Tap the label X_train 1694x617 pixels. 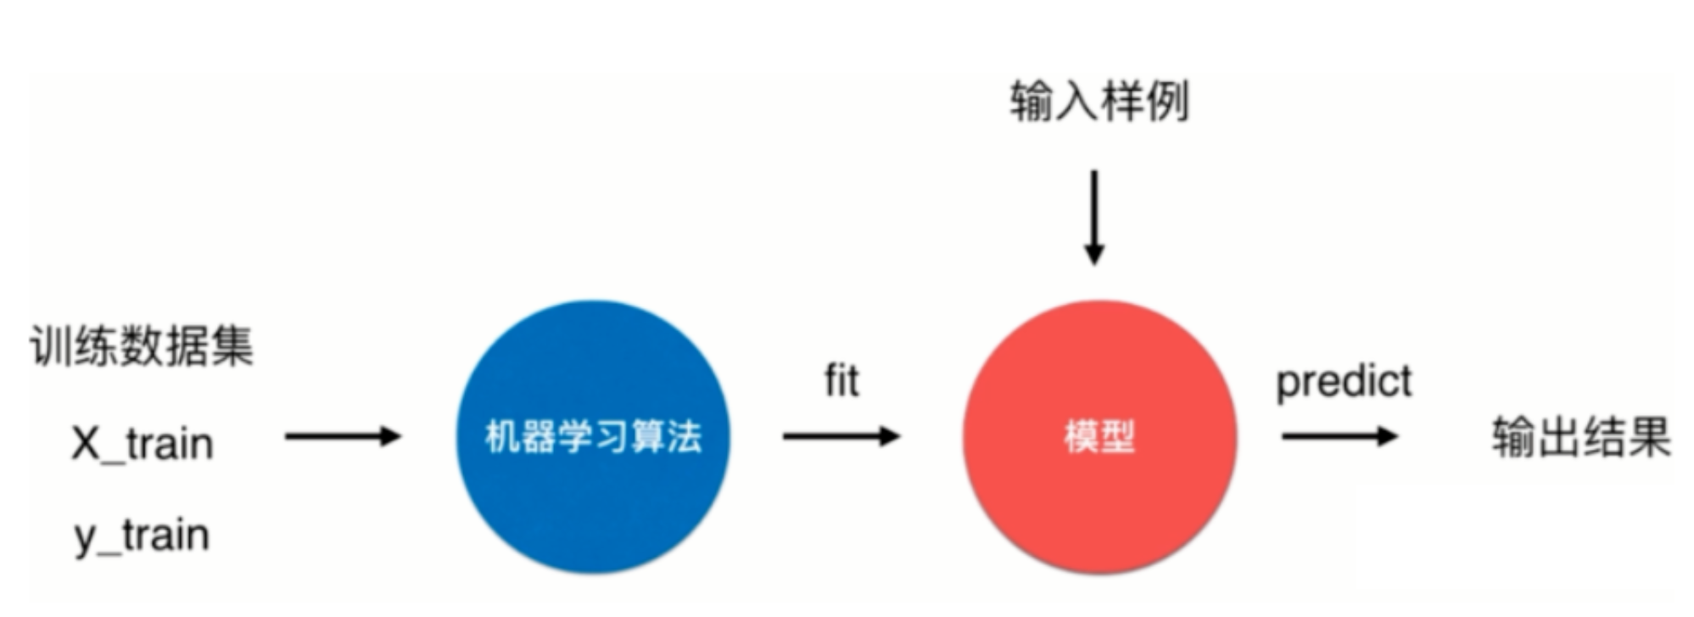143,444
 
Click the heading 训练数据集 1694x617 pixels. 142,345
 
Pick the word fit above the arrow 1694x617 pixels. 841,381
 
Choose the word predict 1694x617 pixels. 1344,382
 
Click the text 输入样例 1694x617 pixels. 1099,102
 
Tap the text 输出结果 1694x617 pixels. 1581,438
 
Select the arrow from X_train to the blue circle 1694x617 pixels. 342,436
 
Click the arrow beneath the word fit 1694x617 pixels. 841,436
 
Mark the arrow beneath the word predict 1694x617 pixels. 1339,436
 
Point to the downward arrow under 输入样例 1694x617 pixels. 1094,217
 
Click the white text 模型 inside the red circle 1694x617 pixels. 1099,437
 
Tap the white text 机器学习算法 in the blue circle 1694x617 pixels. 593,437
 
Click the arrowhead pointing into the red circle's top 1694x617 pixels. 1094,254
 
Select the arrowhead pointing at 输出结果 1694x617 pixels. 1387,436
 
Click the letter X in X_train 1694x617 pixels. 86,444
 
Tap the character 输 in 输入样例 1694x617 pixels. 1031,102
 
